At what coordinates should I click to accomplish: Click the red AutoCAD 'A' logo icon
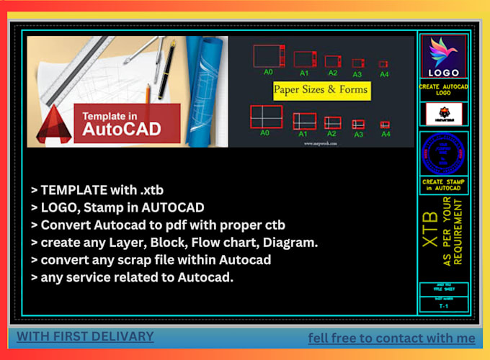[x=55, y=124]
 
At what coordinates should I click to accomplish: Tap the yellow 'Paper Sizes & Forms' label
[x=321, y=90]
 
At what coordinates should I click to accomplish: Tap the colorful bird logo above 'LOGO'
[x=443, y=52]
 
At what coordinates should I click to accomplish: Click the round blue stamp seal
[x=443, y=153]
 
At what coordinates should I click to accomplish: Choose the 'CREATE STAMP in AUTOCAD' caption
[x=443, y=185]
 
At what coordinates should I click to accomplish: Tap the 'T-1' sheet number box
[x=443, y=306]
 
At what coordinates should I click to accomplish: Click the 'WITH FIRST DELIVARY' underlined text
[x=85, y=336]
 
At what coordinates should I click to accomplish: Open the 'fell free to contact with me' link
[x=391, y=338]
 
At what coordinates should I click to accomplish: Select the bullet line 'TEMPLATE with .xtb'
[x=97, y=191]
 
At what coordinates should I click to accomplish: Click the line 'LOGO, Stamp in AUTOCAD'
[x=117, y=208]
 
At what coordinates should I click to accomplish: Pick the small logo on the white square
[x=443, y=114]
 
